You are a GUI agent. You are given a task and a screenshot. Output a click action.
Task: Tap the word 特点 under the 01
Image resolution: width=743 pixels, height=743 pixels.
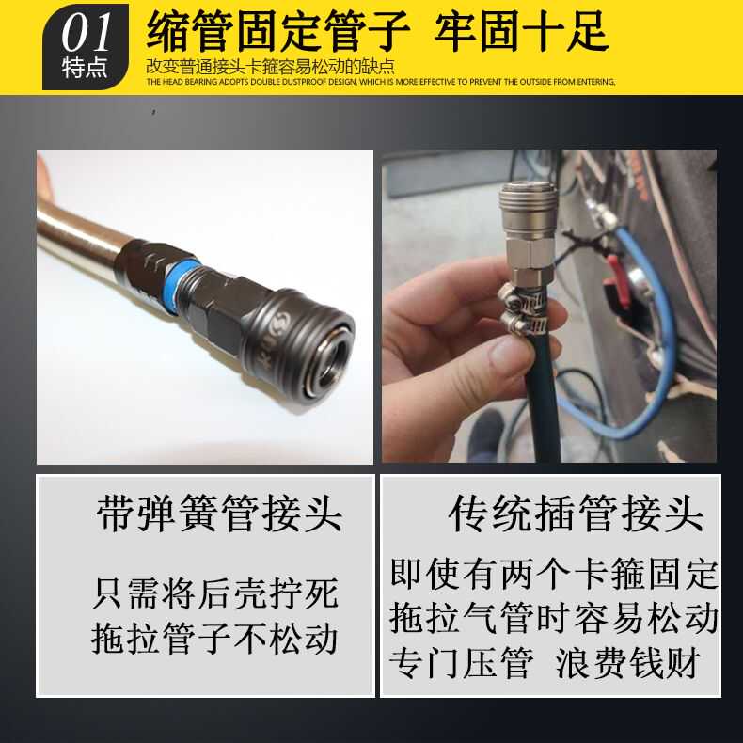[85, 69]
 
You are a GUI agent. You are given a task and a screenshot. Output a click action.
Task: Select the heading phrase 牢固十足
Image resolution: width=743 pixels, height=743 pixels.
[522, 31]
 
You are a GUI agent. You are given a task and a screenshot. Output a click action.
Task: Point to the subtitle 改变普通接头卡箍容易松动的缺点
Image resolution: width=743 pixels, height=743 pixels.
[270, 67]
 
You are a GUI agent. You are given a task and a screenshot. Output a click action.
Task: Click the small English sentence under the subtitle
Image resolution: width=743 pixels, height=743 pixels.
[380, 82]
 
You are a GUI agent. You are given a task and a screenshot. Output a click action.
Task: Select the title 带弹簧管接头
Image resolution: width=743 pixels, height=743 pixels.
[219, 515]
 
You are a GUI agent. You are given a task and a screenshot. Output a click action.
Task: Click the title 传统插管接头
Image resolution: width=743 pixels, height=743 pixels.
[576, 515]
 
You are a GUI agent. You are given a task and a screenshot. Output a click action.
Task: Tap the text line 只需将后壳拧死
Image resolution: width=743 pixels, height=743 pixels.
[214, 594]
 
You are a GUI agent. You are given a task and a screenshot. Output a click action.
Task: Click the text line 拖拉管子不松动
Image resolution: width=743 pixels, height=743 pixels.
[214, 639]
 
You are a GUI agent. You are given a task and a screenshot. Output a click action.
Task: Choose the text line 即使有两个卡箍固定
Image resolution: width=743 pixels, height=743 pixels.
[554, 573]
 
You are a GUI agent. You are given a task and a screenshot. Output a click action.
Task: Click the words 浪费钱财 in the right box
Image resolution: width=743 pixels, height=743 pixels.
[628, 663]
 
